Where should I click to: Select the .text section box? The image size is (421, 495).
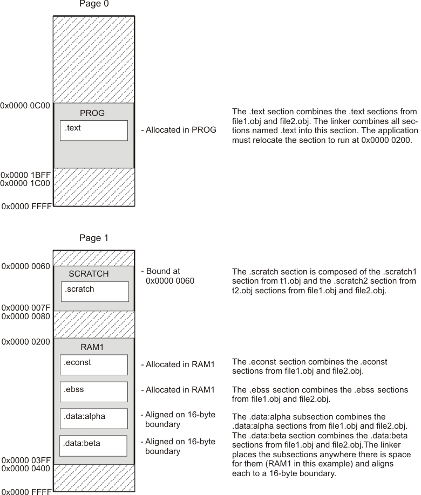pos(93,130)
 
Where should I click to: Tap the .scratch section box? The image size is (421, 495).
pos(94,291)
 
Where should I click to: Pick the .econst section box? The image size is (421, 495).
pos(93,365)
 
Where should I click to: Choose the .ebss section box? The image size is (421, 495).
pos(93,391)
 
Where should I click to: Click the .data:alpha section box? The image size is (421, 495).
pos(93,418)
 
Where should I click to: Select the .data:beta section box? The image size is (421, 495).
pos(93,445)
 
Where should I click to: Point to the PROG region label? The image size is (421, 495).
pos(92,113)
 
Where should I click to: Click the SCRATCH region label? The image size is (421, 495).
pos(89,274)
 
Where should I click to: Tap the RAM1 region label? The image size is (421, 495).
pos(92,347)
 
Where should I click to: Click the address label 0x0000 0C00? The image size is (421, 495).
pos(25,106)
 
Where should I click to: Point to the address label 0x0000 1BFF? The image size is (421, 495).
pos(25,175)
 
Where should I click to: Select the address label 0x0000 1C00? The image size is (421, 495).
pos(25,183)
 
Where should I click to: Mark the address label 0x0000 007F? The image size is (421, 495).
pos(25,308)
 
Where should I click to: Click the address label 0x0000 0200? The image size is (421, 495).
pos(25,341)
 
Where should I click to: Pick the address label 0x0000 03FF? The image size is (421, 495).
pos(25,460)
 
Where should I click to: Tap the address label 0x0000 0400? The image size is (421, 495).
pos(25,469)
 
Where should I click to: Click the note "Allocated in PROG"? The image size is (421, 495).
pos(179,130)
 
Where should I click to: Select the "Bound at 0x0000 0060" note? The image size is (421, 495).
pos(168,276)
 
